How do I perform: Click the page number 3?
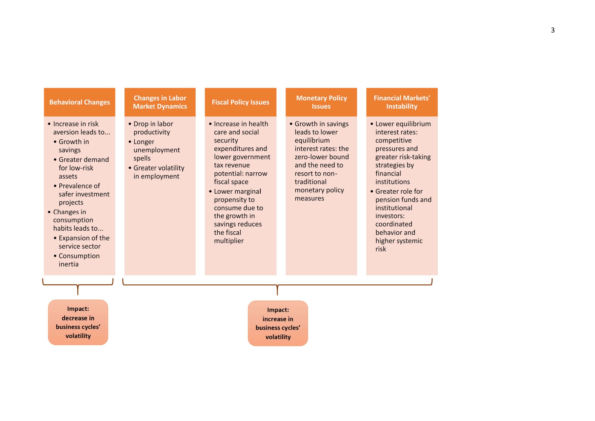click(x=553, y=30)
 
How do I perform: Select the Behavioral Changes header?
click(x=80, y=102)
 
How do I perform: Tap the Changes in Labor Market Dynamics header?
click(x=160, y=102)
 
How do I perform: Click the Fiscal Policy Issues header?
click(x=240, y=102)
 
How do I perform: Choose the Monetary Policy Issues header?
click(x=321, y=102)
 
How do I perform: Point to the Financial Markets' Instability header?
click(x=402, y=102)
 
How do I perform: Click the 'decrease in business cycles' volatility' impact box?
click(x=78, y=322)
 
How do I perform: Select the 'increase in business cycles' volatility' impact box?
click(x=278, y=323)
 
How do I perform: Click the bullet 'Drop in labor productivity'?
click(x=153, y=128)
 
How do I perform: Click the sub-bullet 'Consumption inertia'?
click(x=79, y=260)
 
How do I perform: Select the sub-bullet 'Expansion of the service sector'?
click(x=84, y=242)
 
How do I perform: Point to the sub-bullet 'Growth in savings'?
click(x=74, y=146)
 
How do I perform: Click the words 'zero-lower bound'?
click(x=321, y=157)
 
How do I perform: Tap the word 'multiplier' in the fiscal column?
click(x=229, y=241)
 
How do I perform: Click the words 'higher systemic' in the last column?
click(x=399, y=241)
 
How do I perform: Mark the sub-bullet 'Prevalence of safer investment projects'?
click(x=84, y=194)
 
